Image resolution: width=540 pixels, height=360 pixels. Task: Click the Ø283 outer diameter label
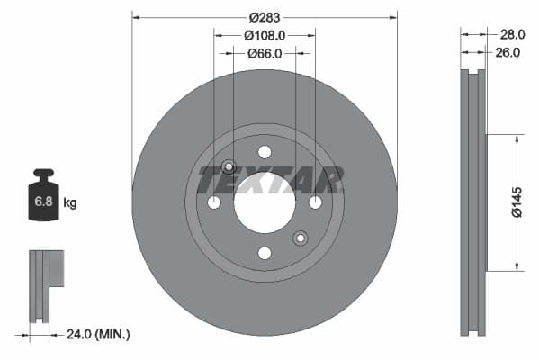265,17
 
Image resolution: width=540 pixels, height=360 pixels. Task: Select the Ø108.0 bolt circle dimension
265,35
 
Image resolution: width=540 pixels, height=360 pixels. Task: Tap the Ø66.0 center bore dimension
265,53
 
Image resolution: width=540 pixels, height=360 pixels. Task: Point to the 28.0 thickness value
512,34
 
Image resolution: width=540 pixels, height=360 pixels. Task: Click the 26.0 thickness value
509,53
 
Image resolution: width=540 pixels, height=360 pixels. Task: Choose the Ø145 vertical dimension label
517,202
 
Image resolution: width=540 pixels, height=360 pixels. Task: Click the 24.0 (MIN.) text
99,334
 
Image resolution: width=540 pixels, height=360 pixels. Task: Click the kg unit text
70,203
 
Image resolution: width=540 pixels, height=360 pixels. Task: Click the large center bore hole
265,202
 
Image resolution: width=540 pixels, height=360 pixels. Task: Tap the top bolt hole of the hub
265,152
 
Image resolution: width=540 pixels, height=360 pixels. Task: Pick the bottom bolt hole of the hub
265,253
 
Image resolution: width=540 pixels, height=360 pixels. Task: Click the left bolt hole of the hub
214,202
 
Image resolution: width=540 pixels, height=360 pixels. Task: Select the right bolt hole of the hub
315,202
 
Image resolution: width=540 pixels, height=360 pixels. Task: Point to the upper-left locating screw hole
229,166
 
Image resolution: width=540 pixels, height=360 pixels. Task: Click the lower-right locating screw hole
301,238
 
